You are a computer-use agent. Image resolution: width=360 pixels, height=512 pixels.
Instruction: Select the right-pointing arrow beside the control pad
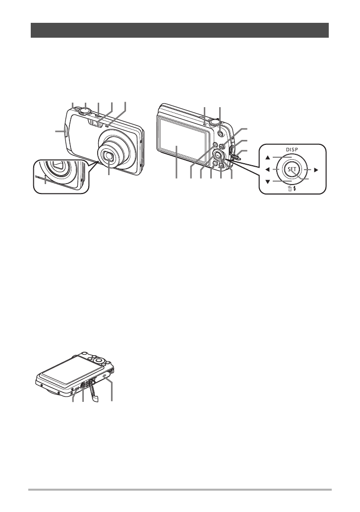[315, 170]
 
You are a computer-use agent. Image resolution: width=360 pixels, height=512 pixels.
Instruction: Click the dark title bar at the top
[180, 30]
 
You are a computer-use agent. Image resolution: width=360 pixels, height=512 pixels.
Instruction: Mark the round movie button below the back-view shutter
[220, 133]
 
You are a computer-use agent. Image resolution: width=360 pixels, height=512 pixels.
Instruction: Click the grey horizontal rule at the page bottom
[180, 490]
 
